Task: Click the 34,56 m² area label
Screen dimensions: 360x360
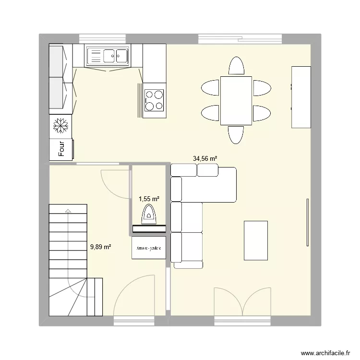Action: tap(205, 158)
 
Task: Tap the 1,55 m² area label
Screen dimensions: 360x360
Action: tap(149, 199)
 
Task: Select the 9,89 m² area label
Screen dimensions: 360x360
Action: tap(101, 247)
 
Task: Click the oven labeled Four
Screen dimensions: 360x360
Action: tap(61, 149)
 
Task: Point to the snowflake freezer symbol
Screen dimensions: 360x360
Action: tap(60, 126)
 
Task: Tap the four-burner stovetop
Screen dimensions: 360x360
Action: tap(154, 100)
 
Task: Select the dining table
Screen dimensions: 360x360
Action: tap(236, 100)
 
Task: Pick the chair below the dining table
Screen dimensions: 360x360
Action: tap(236, 135)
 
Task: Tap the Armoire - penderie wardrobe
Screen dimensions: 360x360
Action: tap(149, 248)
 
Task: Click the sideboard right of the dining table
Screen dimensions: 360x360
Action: tap(301, 97)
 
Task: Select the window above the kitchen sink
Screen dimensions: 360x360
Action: tap(102, 38)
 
